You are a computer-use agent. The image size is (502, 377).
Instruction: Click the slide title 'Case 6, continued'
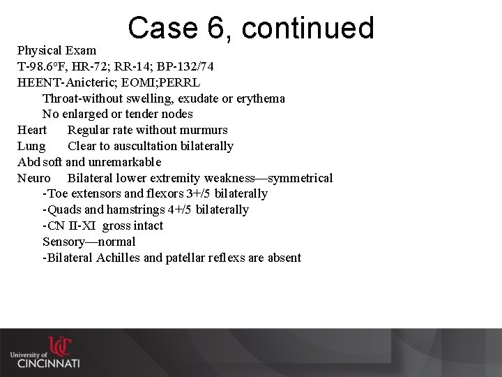pyautogui.click(x=251, y=29)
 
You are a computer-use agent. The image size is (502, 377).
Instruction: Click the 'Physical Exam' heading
pyautogui.click(x=57, y=51)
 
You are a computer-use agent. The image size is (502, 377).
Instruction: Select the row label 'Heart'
pyautogui.click(x=32, y=131)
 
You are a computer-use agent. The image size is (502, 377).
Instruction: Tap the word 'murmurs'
pyautogui.click(x=206, y=131)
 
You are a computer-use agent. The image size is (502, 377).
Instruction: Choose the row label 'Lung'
pyautogui.click(x=31, y=147)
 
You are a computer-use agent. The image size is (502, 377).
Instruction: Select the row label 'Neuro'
pyautogui.click(x=33, y=179)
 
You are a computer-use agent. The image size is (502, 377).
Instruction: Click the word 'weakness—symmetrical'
pyautogui.click(x=268, y=179)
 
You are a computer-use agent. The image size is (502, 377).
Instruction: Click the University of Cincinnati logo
pyautogui.click(x=45, y=353)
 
